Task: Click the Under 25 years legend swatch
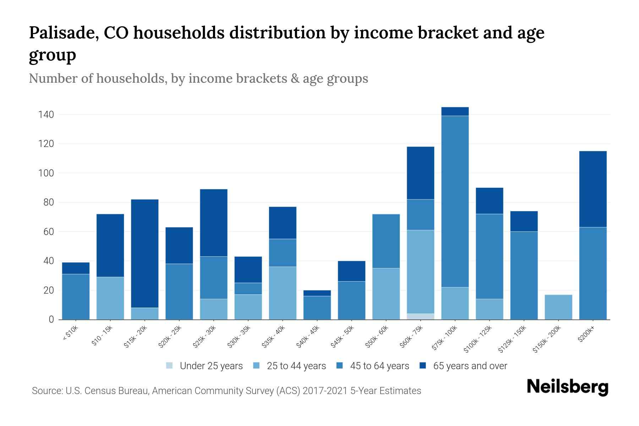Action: coord(170,366)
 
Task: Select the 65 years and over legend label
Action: coord(470,366)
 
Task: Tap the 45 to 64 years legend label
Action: coord(379,366)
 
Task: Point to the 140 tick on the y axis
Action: coord(46,115)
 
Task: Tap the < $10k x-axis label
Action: coord(71,333)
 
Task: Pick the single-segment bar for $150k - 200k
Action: coord(558,307)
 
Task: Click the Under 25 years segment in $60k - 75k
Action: coord(420,316)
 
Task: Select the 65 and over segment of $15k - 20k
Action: coord(144,253)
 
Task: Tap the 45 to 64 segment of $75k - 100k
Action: coord(455,201)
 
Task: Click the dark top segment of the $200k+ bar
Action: coord(593,189)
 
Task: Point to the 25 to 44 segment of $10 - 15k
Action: coord(110,298)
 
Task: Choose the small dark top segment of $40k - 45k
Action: coord(317,293)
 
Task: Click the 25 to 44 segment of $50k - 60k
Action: coord(386,294)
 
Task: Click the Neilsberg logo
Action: coord(567,387)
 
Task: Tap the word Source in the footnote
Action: coord(47,391)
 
